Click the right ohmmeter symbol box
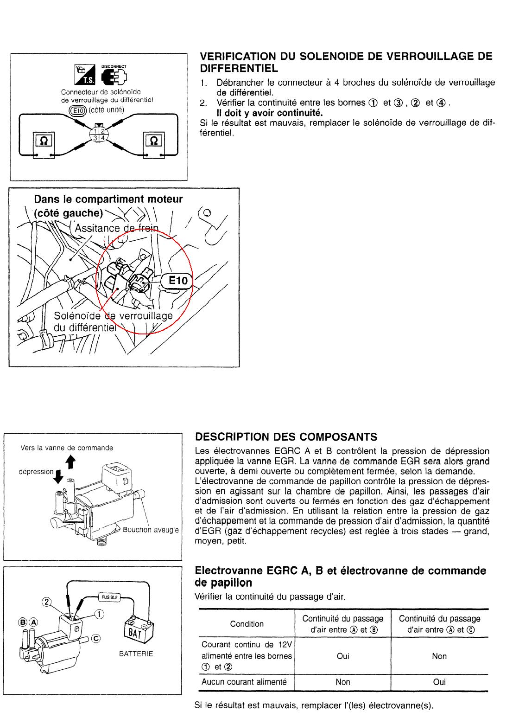pos(153,140)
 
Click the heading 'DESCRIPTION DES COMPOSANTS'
pos(286,437)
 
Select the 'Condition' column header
pos(247,624)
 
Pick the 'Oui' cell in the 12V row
pos(343,656)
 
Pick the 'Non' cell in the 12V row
pos(439,656)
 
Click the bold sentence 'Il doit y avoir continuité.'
pos(270,113)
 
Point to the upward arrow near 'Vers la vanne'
pos(70,461)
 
